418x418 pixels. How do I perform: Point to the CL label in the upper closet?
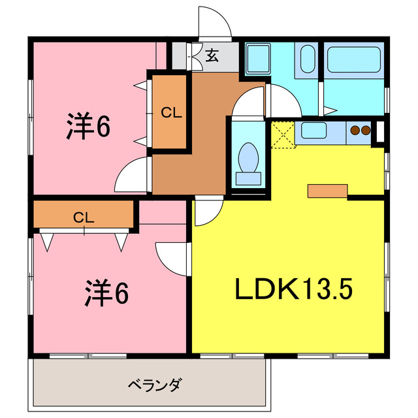171,112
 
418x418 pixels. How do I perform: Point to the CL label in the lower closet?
84,217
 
